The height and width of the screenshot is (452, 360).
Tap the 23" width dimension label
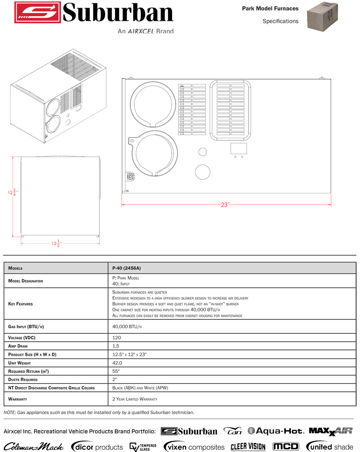coord(225,205)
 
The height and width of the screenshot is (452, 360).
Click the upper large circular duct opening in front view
coord(152,104)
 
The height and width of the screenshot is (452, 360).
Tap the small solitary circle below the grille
coord(202,172)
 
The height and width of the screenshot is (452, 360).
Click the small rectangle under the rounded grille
coord(238,149)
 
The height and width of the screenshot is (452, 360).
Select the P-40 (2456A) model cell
coord(123,268)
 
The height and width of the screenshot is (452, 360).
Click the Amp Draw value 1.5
coord(115,346)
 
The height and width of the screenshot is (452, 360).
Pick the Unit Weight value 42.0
coord(117,363)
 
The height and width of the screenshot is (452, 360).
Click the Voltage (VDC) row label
coord(22,338)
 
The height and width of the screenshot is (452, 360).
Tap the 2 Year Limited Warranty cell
coord(135,399)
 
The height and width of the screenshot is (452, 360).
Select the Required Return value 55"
coord(116,371)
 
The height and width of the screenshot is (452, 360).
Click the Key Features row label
coord(21,304)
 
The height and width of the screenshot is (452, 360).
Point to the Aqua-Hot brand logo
coord(275,431)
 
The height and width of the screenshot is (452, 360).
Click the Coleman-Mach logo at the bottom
coord(34,447)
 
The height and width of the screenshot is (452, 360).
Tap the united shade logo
coord(330,447)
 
